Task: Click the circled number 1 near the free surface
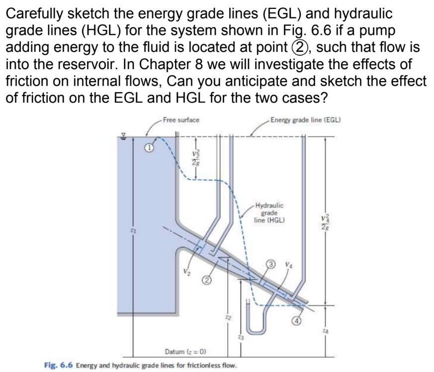tap(148, 148)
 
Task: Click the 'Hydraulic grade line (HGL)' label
tap(269, 213)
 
